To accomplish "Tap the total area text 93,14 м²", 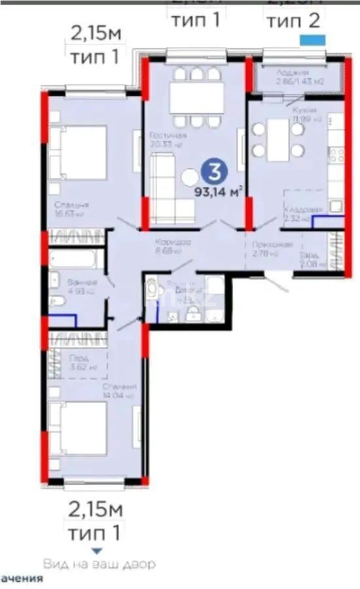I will [x=219, y=191].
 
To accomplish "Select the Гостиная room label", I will [x=171, y=135].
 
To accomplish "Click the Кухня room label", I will [x=305, y=110].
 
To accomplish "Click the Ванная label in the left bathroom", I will [x=79, y=282].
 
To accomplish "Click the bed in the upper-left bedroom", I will [x=77, y=152].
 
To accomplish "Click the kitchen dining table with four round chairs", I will [x=278, y=139].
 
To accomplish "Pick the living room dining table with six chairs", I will [x=192, y=98].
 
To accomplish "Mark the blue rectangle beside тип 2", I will [x=312, y=39].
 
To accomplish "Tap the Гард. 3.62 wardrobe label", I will [x=78, y=363].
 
